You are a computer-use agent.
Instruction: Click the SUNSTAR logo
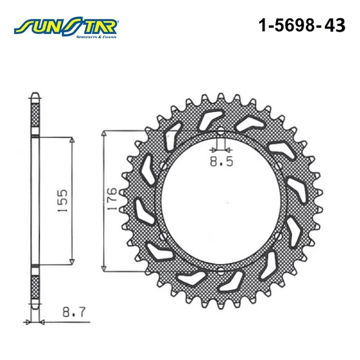tap(66, 27)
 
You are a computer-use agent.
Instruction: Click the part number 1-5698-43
tap(302, 25)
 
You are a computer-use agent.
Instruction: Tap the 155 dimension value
tap(63, 201)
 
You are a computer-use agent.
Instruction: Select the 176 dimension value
tap(112, 199)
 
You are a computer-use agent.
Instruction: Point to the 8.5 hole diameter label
tap(221, 161)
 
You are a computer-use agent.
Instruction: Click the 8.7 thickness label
tap(74, 312)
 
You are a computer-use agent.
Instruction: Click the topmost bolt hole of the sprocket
tap(221, 132)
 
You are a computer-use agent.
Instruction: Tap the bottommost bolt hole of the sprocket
tap(221, 269)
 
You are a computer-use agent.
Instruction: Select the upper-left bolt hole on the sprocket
tap(163, 166)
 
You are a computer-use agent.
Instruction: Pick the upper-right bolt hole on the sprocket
tap(278, 166)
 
